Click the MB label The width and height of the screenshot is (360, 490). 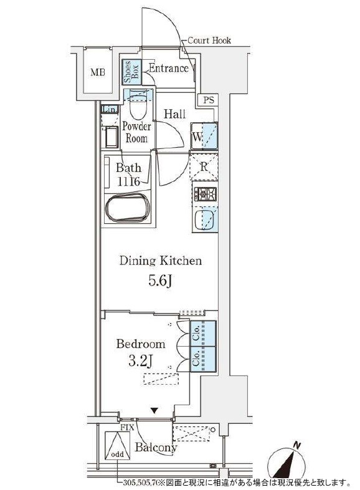click(98, 73)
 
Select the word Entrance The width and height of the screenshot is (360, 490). click(169, 68)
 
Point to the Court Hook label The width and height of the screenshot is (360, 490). click(209, 41)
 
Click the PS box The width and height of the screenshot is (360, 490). click(209, 100)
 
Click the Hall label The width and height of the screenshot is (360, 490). click(175, 113)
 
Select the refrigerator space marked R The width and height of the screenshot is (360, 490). click(204, 166)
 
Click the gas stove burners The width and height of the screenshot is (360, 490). click(205, 194)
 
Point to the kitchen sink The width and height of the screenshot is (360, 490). click(204, 220)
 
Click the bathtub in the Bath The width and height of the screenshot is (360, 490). click(128, 207)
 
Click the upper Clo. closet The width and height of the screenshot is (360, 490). click(203, 333)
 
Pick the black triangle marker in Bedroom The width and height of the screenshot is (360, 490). click(154, 411)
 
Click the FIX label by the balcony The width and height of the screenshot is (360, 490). click(127, 428)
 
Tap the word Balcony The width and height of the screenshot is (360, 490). click(156, 447)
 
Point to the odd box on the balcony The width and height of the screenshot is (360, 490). click(117, 446)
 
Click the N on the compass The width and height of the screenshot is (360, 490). click(298, 445)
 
